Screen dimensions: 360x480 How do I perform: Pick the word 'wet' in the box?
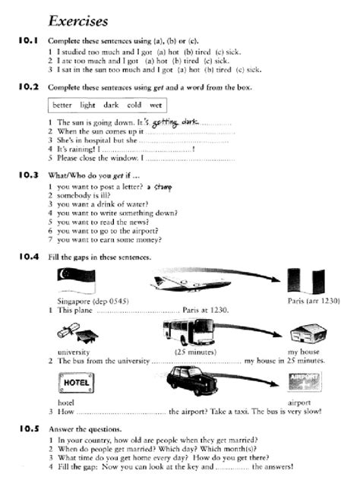(156, 105)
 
